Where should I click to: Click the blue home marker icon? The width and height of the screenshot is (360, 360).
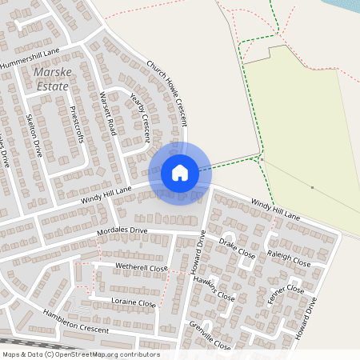(180, 173)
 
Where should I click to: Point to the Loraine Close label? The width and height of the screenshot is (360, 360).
(134, 303)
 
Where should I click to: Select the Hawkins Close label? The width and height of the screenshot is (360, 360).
(218, 289)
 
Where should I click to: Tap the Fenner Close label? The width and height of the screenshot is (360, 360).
(286, 298)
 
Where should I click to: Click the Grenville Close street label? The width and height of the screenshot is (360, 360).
(211, 335)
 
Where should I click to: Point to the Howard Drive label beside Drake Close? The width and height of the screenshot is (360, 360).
(198, 253)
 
